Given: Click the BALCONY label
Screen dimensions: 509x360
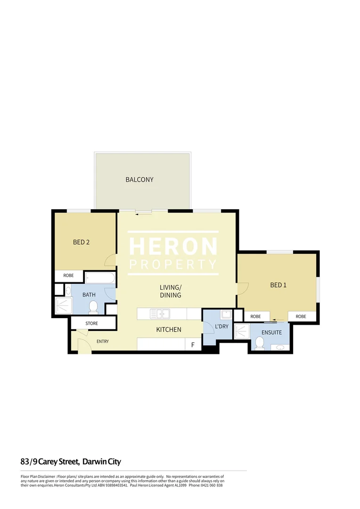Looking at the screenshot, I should (139, 180).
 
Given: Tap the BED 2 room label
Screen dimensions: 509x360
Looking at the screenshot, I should (81, 242).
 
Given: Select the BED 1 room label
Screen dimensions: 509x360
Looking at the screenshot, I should (278, 285).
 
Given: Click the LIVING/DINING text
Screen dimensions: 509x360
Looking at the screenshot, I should (170, 291).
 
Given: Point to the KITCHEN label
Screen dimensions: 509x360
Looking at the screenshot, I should (168, 329).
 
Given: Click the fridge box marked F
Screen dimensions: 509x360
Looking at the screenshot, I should (193, 345).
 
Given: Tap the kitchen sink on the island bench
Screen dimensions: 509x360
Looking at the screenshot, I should (160, 313).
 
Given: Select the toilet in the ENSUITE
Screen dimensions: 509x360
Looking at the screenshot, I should (259, 344).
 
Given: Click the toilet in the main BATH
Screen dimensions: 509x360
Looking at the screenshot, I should (93, 307).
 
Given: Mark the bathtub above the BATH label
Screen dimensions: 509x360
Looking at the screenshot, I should (100, 278).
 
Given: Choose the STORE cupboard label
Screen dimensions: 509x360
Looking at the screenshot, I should (91, 323).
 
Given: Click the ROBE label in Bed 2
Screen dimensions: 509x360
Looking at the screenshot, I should (68, 276).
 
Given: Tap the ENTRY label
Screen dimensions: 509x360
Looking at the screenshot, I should (103, 341).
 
